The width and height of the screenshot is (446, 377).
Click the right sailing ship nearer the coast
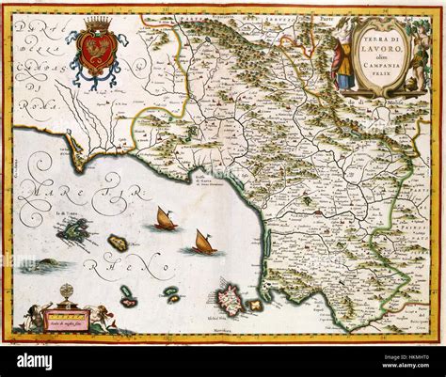click(201, 242)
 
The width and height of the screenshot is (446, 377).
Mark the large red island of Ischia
click(230, 303)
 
